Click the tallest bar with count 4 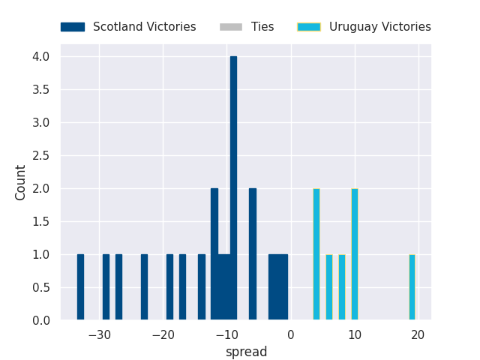(x=233, y=187)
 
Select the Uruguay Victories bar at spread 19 (x=412, y=287)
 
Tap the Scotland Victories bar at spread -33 (x=80, y=287)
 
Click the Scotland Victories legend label (x=144, y=27)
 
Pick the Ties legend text (x=262, y=27)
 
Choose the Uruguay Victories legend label (x=379, y=27)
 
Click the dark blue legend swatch (x=73, y=27)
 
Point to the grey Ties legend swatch (x=231, y=27)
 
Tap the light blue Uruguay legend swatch (x=308, y=27)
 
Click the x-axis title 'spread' (x=247, y=352)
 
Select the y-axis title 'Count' (x=21, y=182)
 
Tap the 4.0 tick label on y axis (x=40, y=56)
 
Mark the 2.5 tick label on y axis (x=40, y=155)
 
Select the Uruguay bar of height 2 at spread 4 (x=316, y=254)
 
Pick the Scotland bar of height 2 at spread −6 (x=253, y=254)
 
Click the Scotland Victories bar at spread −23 (x=144, y=287)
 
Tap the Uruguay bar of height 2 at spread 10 (x=354, y=254)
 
